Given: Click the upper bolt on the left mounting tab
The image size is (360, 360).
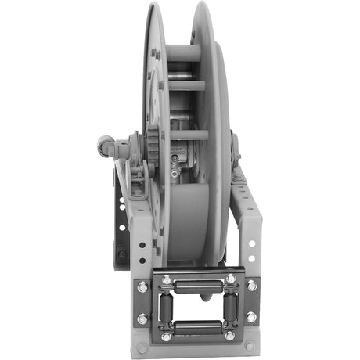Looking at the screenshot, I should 142,287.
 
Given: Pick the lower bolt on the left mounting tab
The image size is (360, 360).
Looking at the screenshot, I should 142,319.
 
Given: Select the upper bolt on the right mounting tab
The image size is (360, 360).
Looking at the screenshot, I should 252,286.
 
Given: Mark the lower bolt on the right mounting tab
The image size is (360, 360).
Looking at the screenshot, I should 252,317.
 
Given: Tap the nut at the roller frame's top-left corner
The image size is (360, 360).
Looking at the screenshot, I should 166,279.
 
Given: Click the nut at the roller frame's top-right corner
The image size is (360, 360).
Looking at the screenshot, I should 230,278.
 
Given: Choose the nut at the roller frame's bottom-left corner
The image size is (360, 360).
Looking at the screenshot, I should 166,337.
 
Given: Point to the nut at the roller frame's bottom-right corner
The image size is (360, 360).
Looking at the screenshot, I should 229,337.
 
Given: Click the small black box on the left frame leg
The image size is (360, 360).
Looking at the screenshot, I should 121,254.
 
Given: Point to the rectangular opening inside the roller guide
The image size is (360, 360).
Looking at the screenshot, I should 197,307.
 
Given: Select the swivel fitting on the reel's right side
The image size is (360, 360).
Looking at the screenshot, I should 234,146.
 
